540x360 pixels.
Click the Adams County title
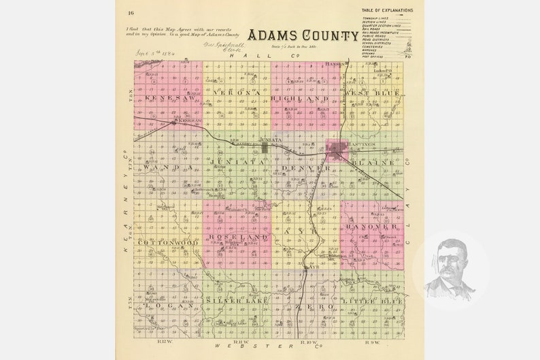click(303, 36)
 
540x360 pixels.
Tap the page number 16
click(130, 12)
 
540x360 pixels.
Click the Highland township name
click(299, 99)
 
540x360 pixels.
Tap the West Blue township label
click(371, 93)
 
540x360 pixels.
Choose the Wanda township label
click(161, 166)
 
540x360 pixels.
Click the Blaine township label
click(373, 163)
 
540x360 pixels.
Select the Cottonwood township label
click(168, 242)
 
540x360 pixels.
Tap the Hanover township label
click(371, 226)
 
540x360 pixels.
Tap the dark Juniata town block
click(264, 146)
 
